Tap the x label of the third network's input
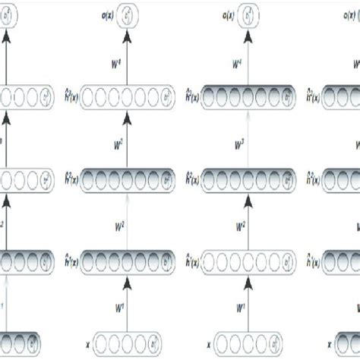coord(216,343)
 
